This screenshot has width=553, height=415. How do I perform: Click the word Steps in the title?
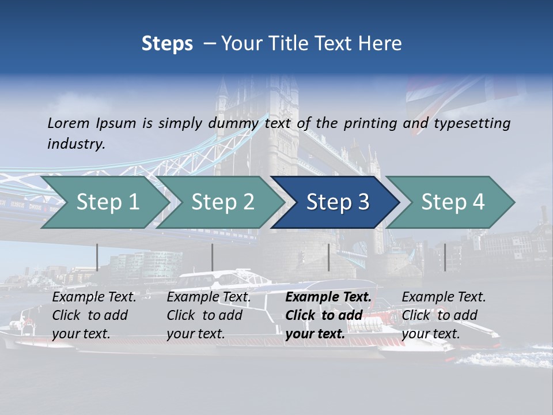(x=167, y=44)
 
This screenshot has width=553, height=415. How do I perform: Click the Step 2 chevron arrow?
(x=222, y=202)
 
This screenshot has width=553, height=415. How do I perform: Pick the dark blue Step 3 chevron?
(x=337, y=202)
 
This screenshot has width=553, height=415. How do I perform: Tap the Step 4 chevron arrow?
(x=452, y=202)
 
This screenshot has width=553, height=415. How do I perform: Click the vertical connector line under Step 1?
(x=97, y=257)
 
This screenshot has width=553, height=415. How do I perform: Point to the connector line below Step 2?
(x=213, y=257)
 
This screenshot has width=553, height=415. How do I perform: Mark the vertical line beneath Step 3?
(x=329, y=257)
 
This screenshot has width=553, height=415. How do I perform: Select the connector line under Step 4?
(x=445, y=257)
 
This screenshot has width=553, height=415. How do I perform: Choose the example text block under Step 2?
(x=209, y=315)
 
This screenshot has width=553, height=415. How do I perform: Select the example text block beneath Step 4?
(x=444, y=315)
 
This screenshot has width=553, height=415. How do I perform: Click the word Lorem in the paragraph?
(x=69, y=123)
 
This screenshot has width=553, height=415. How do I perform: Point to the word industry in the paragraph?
(x=76, y=144)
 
